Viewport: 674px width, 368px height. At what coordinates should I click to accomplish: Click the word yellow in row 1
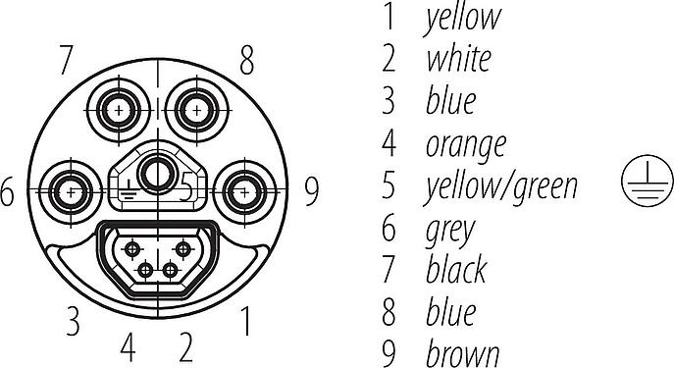[x=462, y=19]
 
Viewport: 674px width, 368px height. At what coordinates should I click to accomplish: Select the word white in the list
[x=458, y=59]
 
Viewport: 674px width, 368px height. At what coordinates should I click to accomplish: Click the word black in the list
[x=456, y=269]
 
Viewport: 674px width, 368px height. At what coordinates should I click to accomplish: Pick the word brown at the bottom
[x=462, y=354]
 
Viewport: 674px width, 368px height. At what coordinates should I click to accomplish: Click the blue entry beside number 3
[x=451, y=101]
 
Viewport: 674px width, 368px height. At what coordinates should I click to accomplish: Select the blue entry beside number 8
[x=451, y=312]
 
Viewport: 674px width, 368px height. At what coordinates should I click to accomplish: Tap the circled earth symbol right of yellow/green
[x=647, y=181]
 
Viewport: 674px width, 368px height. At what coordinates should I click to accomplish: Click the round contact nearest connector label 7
[x=119, y=111]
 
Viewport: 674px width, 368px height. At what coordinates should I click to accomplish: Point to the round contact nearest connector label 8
[x=196, y=111]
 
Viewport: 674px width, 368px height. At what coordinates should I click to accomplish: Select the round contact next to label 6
[x=71, y=191]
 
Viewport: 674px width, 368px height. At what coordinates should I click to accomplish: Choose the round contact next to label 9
[x=244, y=191]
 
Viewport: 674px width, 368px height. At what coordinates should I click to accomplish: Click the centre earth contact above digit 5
[x=156, y=175]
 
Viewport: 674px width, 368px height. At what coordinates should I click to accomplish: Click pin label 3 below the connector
[x=73, y=321]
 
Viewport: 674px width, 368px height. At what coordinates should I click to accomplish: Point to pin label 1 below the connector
[x=246, y=321]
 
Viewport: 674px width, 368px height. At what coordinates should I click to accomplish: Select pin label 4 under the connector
[x=128, y=347]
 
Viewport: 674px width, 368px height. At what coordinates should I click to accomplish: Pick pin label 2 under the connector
[x=185, y=347]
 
